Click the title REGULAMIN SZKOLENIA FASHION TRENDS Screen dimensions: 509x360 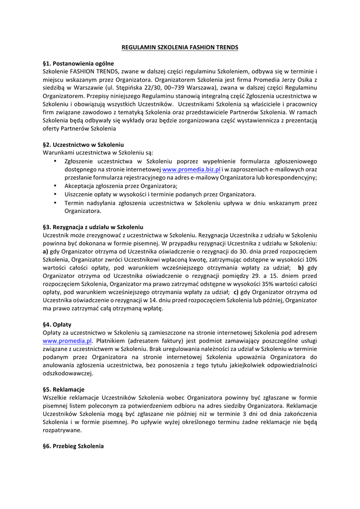(180, 47)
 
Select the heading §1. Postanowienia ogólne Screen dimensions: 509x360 (79, 64)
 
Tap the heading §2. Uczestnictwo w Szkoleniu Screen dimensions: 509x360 (84, 145)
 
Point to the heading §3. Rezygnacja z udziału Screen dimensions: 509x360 (93, 227)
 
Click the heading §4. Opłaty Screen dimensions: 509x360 (57, 325)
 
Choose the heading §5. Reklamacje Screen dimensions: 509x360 (64, 389)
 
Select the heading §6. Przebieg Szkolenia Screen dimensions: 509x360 (74, 446)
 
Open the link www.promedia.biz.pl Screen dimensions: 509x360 (191, 170)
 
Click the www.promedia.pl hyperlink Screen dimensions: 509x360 (68, 341)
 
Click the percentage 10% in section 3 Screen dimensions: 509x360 (311, 259)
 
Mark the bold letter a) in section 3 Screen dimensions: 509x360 (46, 252)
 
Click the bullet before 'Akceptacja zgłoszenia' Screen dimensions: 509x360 (54, 186)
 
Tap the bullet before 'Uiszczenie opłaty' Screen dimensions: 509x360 (54, 194)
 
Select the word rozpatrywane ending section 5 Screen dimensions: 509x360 (62, 430)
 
